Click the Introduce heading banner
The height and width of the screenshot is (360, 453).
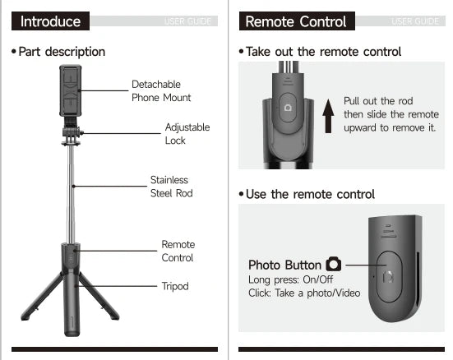click(x=51, y=21)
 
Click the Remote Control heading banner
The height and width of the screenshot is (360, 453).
click(x=296, y=21)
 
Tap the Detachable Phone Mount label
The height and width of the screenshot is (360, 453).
click(x=161, y=90)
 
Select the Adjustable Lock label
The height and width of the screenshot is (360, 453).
click(x=187, y=133)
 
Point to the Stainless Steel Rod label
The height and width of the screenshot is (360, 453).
click(x=171, y=187)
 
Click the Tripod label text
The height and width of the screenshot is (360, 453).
click(x=175, y=286)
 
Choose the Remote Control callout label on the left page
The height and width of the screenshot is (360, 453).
click(x=178, y=251)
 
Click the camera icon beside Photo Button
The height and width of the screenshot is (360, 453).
click(x=333, y=265)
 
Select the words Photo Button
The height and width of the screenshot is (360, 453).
click(x=284, y=265)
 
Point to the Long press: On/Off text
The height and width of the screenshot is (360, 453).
click(x=281, y=279)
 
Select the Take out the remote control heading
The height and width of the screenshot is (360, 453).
click(x=323, y=52)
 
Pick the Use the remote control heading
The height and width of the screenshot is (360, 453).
click(x=310, y=194)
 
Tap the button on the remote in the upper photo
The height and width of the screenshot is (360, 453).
click(x=287, y=107)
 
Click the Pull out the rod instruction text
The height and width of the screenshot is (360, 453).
click(x=391, y=114)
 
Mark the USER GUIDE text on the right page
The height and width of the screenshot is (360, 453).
click(x=415, y=21)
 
